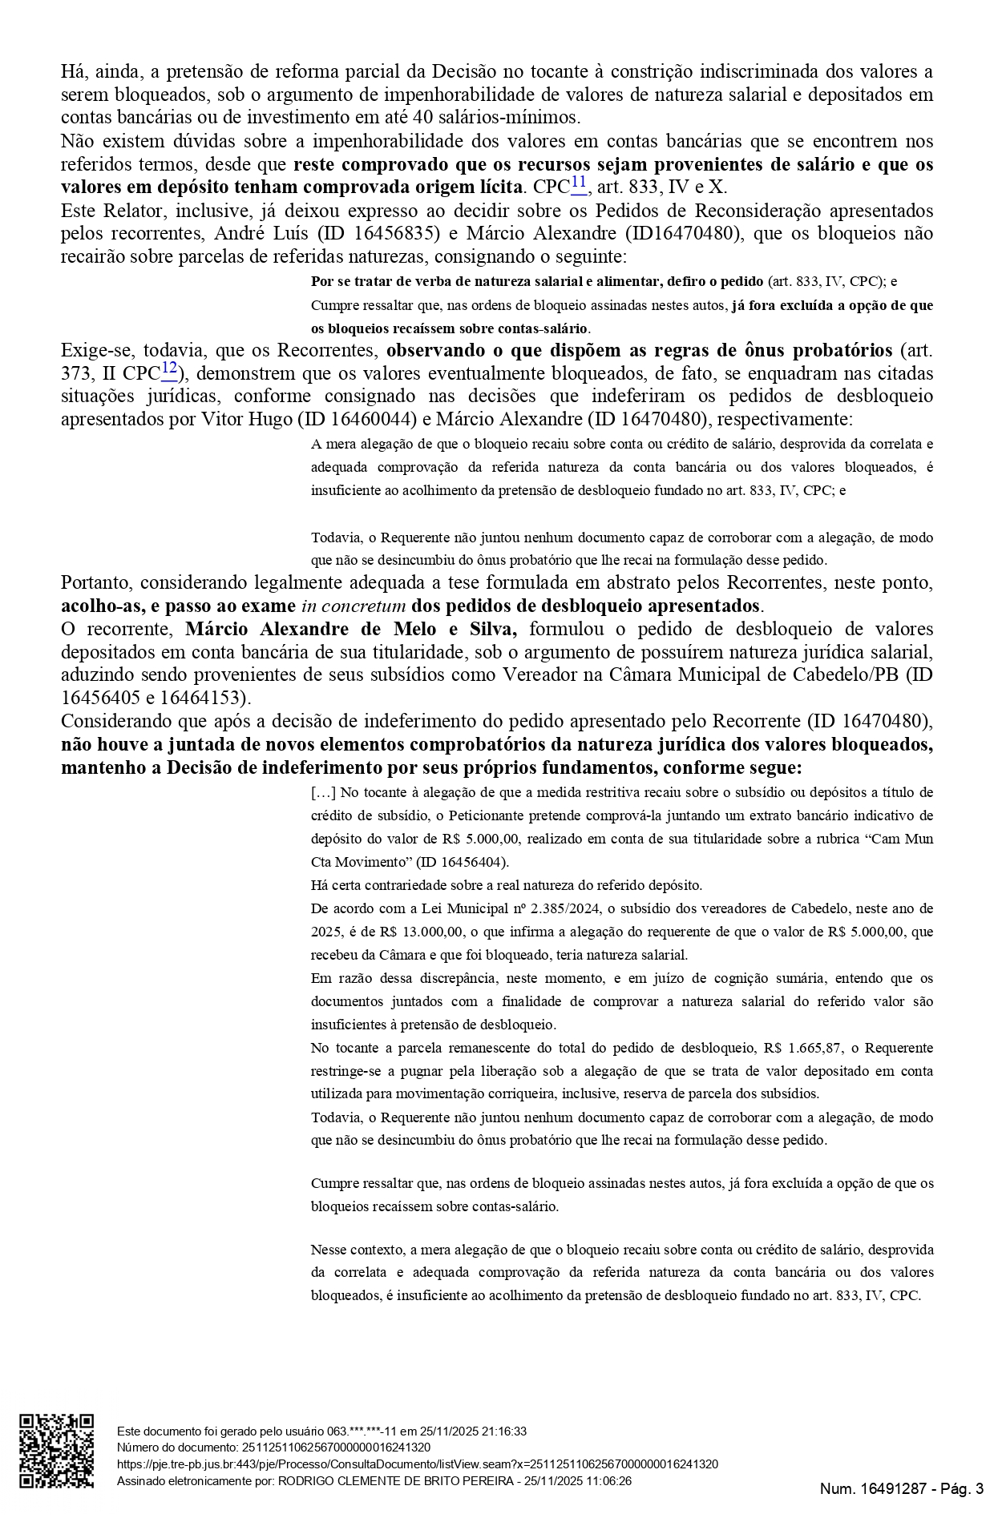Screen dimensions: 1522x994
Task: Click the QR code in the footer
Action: coord(56,1451)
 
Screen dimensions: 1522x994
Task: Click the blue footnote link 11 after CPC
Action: coord(579,184)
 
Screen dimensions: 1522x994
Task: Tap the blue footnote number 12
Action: coord(169,369)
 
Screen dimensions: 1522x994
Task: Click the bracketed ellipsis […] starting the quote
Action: coord(323,793)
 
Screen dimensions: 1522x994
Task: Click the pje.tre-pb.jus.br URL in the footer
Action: coord(417,1464)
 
